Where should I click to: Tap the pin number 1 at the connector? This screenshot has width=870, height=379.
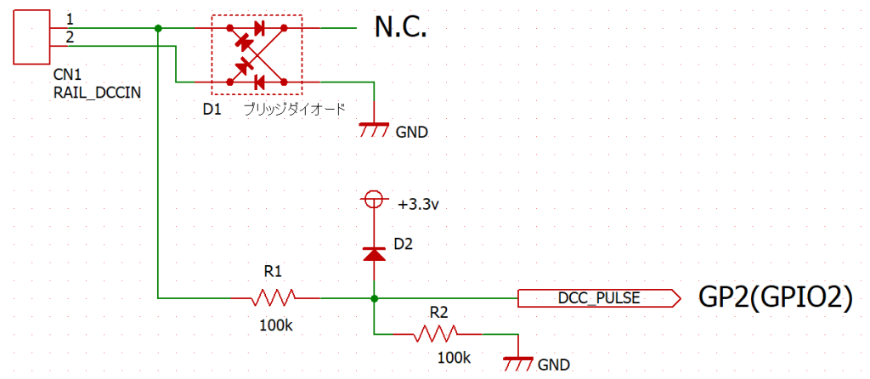click(x=69, y=19)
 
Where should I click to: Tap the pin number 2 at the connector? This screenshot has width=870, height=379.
click(x=69, y=37)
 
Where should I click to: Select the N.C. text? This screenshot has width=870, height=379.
click(x=399, y=28)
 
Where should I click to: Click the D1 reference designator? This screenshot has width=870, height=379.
click(x=212, y=110)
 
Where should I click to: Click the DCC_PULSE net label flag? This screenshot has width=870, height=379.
click(x=598, y=297)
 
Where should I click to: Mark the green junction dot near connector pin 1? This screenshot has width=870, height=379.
click(x=159, y=28)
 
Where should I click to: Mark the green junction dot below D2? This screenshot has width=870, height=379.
click(x=374, y=297)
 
